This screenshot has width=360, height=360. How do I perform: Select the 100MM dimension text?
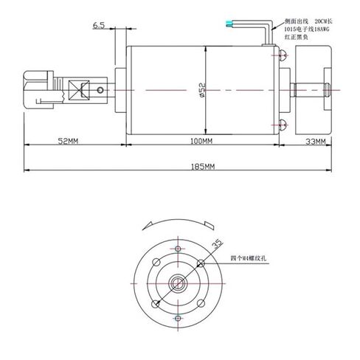201,139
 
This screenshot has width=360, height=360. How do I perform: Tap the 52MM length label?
68,139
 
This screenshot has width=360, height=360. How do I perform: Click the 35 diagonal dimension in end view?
218,243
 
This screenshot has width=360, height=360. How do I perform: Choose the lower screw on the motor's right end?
282,122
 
